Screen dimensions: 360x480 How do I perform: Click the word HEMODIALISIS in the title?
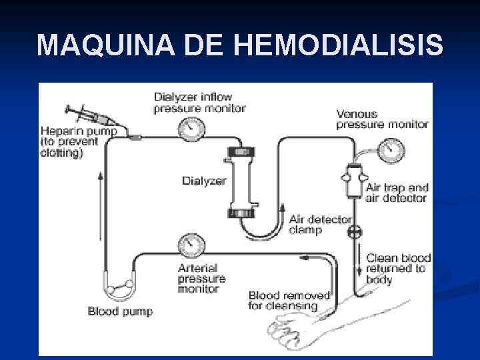point(339,45)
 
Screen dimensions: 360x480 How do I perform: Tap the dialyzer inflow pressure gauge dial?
point(192,127)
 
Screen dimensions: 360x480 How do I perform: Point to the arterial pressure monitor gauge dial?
point(192,245)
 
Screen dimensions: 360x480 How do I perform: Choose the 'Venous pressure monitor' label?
point(382,119)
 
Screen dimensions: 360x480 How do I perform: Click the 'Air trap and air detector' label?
point(396,193)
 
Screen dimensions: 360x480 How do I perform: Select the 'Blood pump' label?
point(120,311)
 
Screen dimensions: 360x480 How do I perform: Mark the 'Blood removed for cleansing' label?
point(289,301)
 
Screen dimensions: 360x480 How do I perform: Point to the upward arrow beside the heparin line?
point(101,207)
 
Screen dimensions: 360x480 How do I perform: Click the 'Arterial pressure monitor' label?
point(201,279)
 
